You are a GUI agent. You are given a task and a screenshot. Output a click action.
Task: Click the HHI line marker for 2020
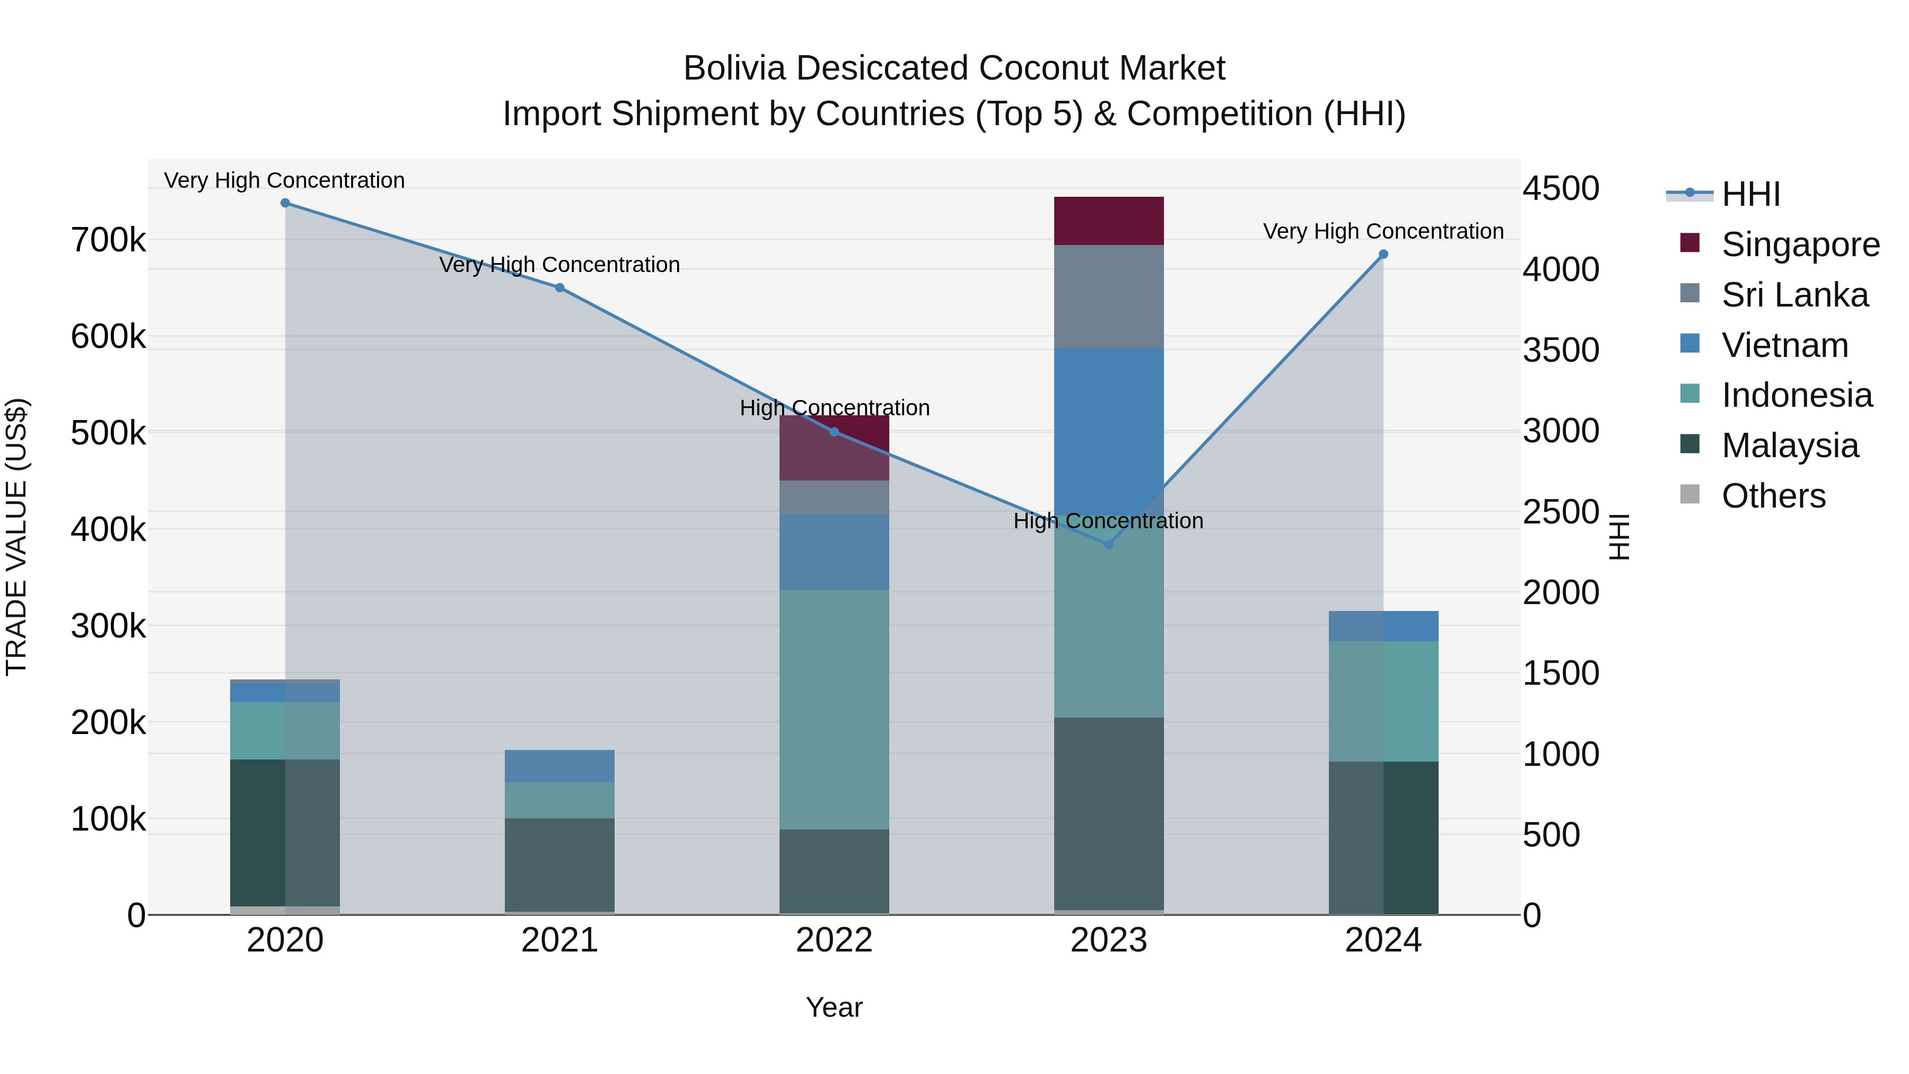pos(285,203)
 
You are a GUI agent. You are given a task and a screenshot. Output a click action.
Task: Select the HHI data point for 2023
pos(1109,545)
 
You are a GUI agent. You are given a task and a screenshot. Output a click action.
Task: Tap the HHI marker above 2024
pos(1383,254)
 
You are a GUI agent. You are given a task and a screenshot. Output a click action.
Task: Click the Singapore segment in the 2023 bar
pos(1109,221)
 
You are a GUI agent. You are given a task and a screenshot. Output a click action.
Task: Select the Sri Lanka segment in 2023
pos(1109,296)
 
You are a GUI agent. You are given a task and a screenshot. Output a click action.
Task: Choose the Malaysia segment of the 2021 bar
pos(559,865)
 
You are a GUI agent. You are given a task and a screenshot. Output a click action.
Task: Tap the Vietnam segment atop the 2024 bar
pos(1383,626)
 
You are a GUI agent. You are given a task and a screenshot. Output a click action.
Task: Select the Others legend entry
pos(1773,496)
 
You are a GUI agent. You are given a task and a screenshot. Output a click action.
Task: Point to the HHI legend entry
pos(1750,194)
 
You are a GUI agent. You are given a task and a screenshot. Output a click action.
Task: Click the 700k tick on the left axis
pos(108,240)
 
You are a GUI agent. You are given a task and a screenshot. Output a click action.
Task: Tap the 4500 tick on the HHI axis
pos(1561,188)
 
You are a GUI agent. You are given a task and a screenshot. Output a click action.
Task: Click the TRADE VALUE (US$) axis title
pos(17,537)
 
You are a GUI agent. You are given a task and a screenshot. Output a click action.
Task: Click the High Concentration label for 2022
pos(835,408)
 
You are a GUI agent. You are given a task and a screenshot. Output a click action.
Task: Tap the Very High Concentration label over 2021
pos(559,265)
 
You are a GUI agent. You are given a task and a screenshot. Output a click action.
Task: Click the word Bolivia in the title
pos(734,68)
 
